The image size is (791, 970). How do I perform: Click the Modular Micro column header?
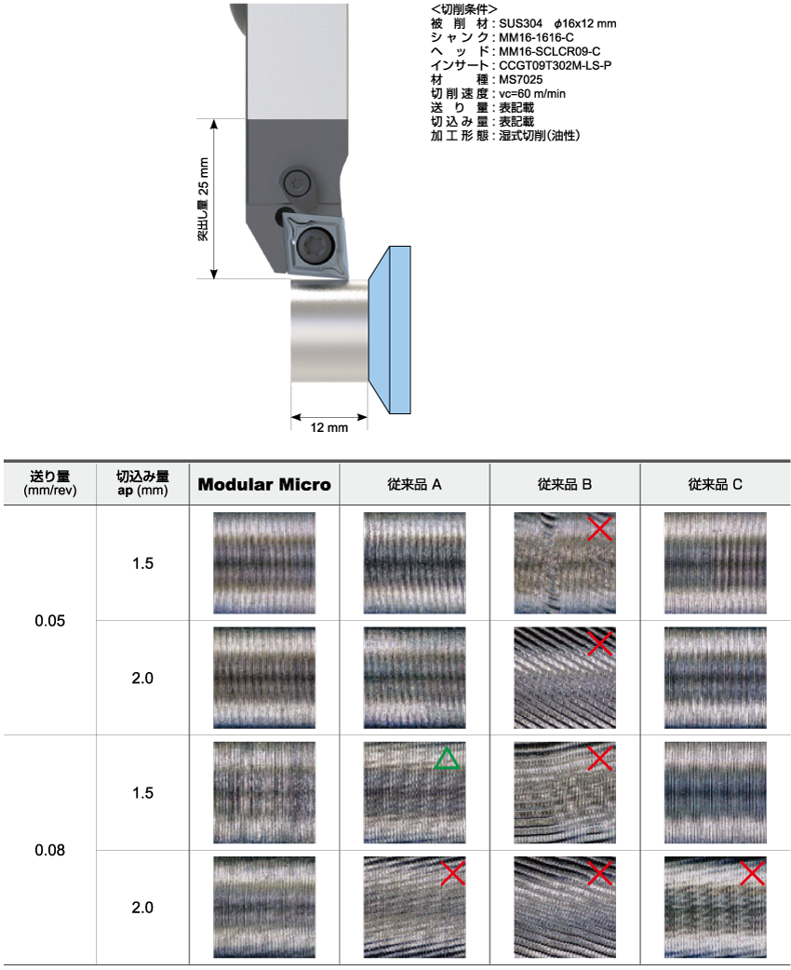coord(264,484)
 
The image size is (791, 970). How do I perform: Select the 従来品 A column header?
coord(414,484)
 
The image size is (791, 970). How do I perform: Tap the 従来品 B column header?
coord(565,484)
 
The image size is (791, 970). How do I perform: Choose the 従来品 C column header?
coord(715,484)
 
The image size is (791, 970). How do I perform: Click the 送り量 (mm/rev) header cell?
coord(50,483)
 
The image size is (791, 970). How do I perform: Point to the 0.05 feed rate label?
coord(50,621)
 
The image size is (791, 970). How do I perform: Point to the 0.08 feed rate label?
coord(50,850)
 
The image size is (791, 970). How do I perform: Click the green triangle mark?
coord(447,759)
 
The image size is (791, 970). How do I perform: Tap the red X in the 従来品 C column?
coord(752,873)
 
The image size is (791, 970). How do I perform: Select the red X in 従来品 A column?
coord(452,873)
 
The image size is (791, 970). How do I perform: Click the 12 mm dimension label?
coord(329,427)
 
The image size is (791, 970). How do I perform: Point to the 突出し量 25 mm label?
coord(204,199)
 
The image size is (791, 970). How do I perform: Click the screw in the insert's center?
coord(315,244)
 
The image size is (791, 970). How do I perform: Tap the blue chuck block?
coord(390,330)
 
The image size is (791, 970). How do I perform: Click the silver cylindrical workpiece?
coord(329,330)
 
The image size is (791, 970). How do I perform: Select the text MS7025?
coord(521,79)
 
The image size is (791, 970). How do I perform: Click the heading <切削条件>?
coord(463,9)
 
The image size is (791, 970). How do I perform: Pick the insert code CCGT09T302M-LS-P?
coord(556,65)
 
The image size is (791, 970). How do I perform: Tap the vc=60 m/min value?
coord(532,93)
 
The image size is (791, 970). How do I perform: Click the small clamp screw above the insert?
coord(298,182)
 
